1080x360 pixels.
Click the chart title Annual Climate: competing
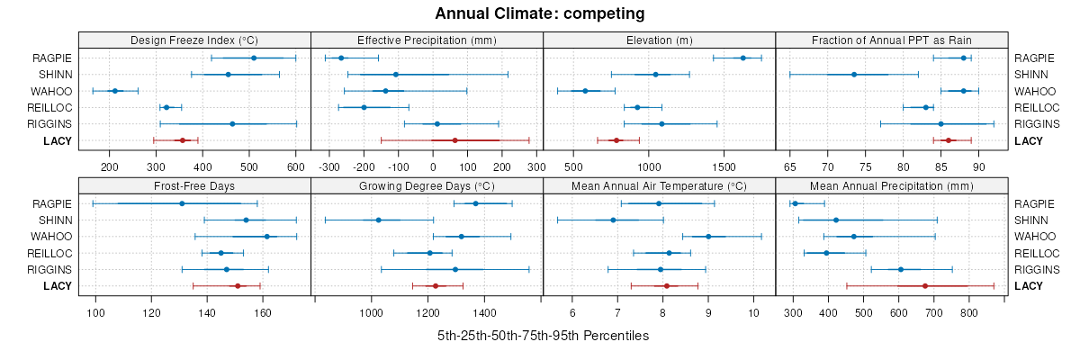539,13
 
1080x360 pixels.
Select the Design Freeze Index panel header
194,40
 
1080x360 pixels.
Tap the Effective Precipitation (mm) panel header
427,40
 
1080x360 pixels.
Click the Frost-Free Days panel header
194,186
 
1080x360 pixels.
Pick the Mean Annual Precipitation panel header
891,186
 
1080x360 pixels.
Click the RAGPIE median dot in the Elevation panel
742,58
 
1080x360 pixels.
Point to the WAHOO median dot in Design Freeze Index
114,91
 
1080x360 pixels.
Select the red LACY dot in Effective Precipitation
455,140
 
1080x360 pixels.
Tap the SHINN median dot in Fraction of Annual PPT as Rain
854,74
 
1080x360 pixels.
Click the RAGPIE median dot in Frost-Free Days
182,203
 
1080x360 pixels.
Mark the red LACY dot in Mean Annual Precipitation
925,286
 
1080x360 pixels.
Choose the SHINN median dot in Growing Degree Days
378,220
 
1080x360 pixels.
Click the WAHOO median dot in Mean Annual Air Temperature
708,237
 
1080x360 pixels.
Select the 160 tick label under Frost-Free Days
263,312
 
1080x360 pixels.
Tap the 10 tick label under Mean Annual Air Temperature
753,312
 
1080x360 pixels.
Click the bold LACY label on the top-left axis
58,140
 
